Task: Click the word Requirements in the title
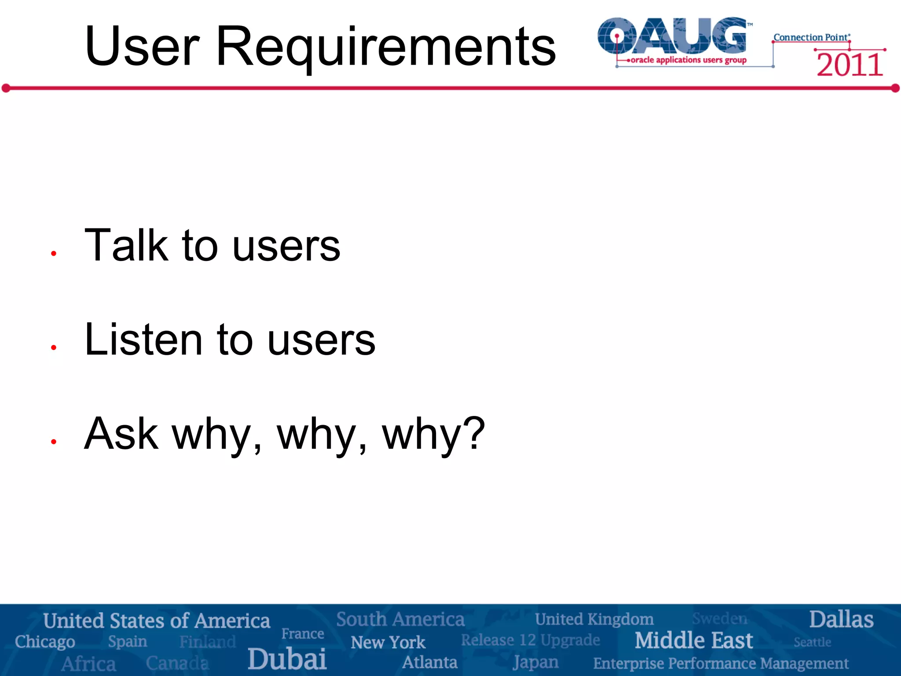coord(386,47)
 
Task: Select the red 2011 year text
coord(850,65)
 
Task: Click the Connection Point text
coord(811,37)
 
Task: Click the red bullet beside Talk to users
coord(54,253)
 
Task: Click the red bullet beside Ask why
coord(54,441)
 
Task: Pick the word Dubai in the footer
coord(287,659)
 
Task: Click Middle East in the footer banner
coord(693,640)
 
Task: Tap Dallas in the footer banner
coord(841,620)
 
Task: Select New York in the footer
coord(388,643)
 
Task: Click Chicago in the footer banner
coord(45,642)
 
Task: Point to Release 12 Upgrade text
coord(530,640)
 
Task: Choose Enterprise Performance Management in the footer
coord(721,663)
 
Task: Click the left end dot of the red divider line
coord(6,88)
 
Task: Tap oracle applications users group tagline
coord(689,60)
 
